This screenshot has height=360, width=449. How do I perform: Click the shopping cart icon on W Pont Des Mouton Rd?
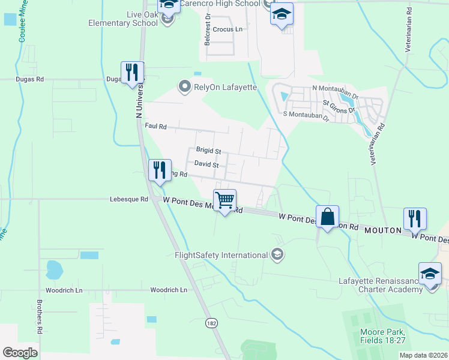coord(224,200)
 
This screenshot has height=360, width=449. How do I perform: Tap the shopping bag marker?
coord(328,217)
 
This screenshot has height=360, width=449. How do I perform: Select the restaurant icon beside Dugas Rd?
coord(131,73)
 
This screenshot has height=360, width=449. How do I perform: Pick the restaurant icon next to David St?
coord(160,170)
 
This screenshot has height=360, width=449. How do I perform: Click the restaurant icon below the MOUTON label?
coord(415,219)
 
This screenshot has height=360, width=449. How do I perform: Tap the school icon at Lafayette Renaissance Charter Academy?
coord(430,274)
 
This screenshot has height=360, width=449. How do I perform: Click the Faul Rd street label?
coord(155,126)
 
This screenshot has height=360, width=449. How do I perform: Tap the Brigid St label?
coord(208,150)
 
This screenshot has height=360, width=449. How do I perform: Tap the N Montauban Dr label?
coord(335,88)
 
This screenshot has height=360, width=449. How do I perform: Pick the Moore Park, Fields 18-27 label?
coord(382,337)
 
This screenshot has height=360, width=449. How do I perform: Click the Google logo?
coord(20,353)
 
